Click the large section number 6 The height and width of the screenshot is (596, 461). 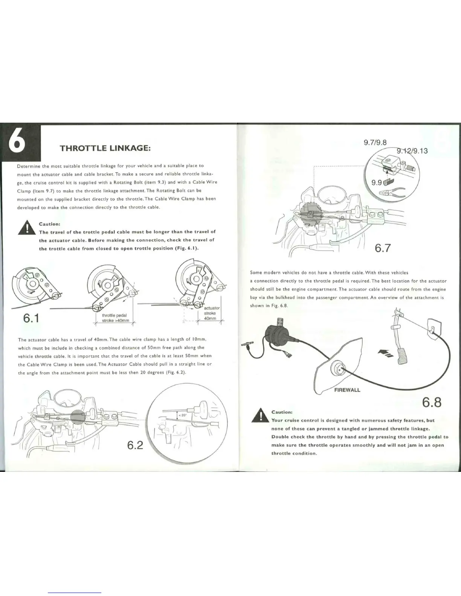coord(20,143)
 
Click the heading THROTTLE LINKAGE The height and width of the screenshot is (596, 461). coord(105,148)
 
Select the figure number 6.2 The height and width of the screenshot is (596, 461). coord(135,445)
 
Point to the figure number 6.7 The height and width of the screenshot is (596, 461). coord(383,248)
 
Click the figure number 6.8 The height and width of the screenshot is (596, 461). coord(432,403)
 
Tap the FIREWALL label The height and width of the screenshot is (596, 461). coord(347,390)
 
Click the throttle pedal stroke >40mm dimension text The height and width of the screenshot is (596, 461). coord(115,318)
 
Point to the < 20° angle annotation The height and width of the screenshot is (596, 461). coord(182,415)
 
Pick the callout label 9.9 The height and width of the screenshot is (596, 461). coord(377,183)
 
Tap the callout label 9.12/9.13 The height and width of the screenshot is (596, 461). coord(412,151)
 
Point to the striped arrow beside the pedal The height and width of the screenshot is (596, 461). coord(385,353)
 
